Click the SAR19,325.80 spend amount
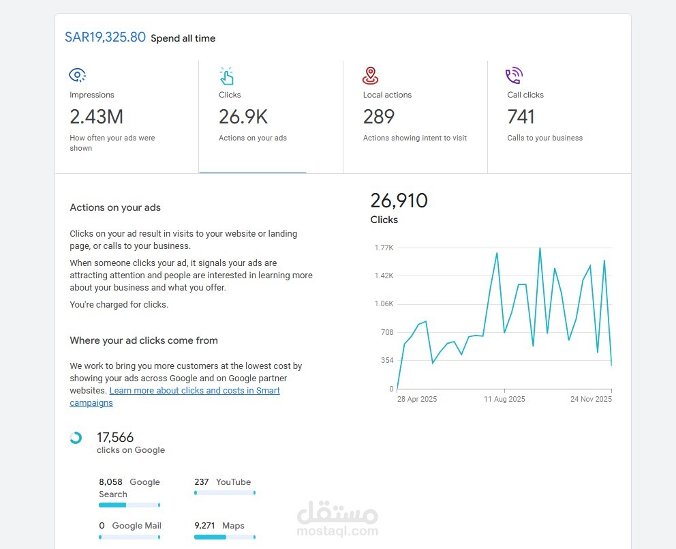click(x=105, y=37)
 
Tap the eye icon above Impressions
click(x=78, y=75)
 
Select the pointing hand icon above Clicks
click(x=226, y=75)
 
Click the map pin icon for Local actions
click(x=371, y=75)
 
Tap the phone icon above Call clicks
click(x=514, y=75)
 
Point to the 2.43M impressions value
click(x=96, y=117)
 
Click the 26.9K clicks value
click(x=243, y=117)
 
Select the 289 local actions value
click(x=379, y=117)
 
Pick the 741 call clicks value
click(x=521, y=117)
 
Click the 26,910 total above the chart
click(x=399, y=201)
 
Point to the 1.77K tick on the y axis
click(x=384, y=248)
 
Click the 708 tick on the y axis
click(x=386, y=332)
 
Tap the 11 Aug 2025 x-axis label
click(x=504, y=399)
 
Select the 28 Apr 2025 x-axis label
click(x=417, y=399)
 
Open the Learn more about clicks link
click(x=194, y=391)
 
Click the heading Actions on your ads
click(x=115, y=207)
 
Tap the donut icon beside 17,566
click(x=76, y=438)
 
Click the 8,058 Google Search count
click(x=110, y=481)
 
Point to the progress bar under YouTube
click(x=225, y=492)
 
